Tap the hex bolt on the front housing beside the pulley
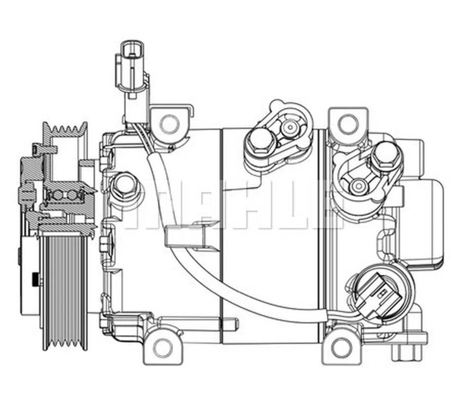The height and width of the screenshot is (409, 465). click(x=124, y=187)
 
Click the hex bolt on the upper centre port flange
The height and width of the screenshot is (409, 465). click(x=261, y=143)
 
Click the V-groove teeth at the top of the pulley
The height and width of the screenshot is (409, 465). click(x=65, y=129)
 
